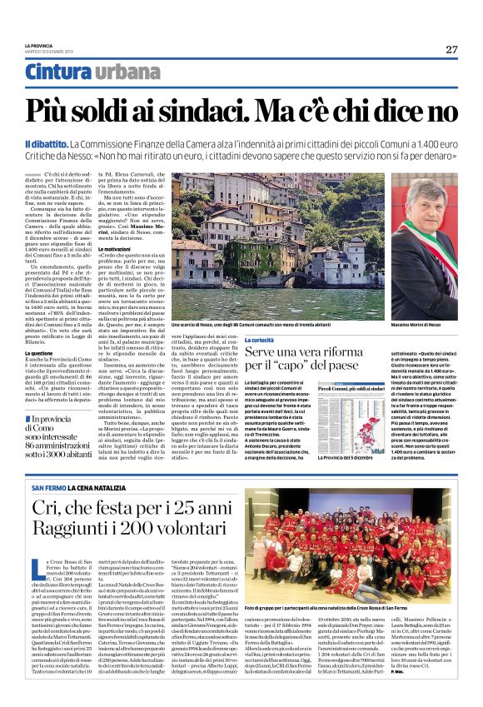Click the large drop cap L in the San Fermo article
(x=37, y=569)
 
